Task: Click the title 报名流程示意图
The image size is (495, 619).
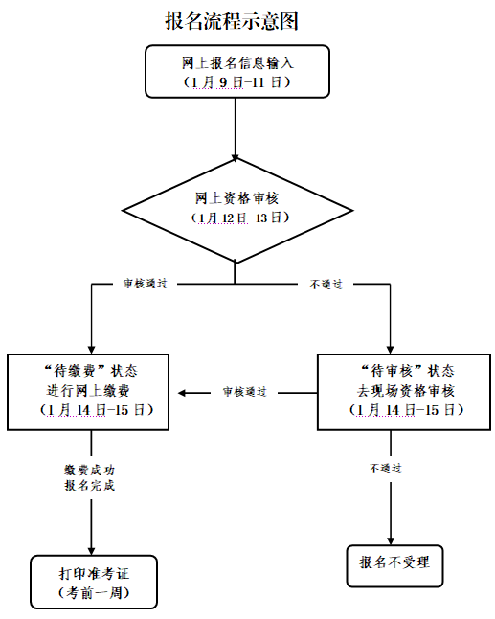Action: coord(232,21)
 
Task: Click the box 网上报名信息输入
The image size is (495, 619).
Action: coord(237,72)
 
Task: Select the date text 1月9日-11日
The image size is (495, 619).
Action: coord(237,82)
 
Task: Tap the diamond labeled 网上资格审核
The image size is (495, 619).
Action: coord(237,211)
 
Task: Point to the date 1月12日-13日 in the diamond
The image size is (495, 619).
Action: coord(240,218)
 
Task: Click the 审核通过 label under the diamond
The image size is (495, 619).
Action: coord(145,284)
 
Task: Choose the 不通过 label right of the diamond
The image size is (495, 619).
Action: coord(326,285)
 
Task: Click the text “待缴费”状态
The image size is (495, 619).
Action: coord(91,371)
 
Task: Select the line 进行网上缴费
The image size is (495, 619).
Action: coord(88,391)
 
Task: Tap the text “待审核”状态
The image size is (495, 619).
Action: coord(408,371)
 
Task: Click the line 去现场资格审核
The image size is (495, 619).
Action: coord(406,391)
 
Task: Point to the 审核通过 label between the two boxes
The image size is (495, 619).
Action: coord(244,392)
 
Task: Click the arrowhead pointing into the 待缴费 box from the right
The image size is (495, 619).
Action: coord(182,393)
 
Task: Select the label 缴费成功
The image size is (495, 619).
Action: coord(90,470)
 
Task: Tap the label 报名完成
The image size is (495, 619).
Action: coord(90,485)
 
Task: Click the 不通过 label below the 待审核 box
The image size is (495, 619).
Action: coord(385,469)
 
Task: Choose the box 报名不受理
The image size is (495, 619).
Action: coord(394,565)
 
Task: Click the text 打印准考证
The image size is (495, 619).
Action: coord(94,573)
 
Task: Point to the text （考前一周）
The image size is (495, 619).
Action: coord(94,592)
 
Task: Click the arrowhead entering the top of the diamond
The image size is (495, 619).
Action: coord(236,158)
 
